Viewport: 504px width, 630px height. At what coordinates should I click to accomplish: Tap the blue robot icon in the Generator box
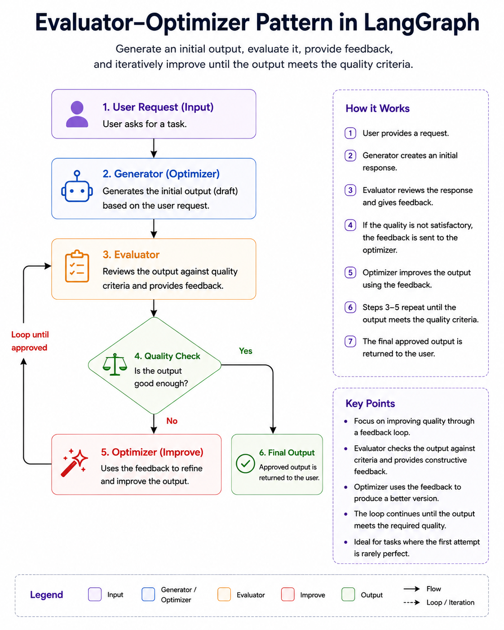pos(77,186)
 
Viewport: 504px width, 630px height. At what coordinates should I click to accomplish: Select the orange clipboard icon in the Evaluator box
pos(77,266)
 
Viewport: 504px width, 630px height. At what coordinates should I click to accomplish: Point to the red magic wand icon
pos(74,462)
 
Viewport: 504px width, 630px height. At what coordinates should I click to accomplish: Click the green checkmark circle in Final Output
pos(245,463)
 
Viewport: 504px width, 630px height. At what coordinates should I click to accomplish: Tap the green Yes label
pos(245,350)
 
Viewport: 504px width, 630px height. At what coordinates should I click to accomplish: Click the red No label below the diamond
pos(172,421)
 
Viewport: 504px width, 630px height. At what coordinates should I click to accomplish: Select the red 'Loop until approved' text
pos(30,341)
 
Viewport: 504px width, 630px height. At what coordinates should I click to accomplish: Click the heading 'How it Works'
pos(377,108)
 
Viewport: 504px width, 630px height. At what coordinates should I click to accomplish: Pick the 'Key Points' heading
pos(370,404)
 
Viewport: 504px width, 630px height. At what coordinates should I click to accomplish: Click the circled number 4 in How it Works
pos(350,225)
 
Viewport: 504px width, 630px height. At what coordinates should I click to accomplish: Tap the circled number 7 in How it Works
pos(350,342)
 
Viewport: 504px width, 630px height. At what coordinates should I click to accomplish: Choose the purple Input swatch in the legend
pos(95,595)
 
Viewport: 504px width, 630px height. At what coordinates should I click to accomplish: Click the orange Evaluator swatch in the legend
pos(224,595)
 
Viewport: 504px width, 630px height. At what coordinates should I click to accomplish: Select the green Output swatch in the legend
pos(348,595)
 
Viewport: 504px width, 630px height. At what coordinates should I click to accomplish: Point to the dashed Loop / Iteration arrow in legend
pos(411,603)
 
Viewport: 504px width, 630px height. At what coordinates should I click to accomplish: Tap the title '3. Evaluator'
pos(131,254)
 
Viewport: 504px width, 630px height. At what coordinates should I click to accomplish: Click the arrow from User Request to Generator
pos(154,148)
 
